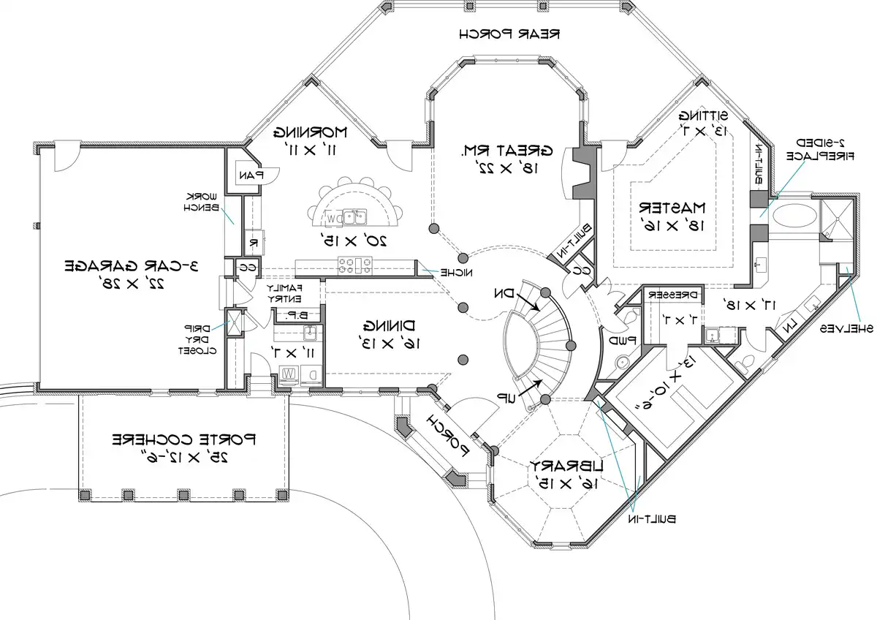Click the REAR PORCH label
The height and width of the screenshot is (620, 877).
click(x=510, y=34)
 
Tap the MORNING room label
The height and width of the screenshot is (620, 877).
click(x=311, y=132)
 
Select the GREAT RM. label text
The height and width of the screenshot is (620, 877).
click(x=506, y=151)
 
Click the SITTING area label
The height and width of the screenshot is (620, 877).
click(x=703, y=116)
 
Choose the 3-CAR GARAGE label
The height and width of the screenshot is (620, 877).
click(x=132, y=265)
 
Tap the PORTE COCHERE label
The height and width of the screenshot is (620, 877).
click(x=183, y=440)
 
